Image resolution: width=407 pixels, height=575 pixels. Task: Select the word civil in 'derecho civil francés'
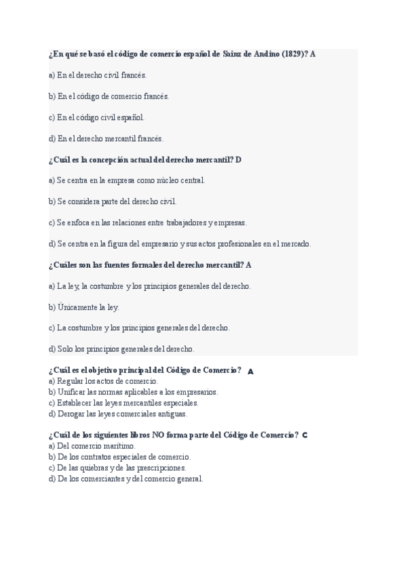[111, 75]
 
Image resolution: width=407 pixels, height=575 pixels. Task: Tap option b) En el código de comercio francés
[109, 96]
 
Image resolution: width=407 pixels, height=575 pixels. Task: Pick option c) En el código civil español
[96, 117]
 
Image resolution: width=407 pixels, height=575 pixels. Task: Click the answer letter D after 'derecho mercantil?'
[239, 159]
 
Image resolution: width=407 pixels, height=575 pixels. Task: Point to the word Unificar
[71, 392]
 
